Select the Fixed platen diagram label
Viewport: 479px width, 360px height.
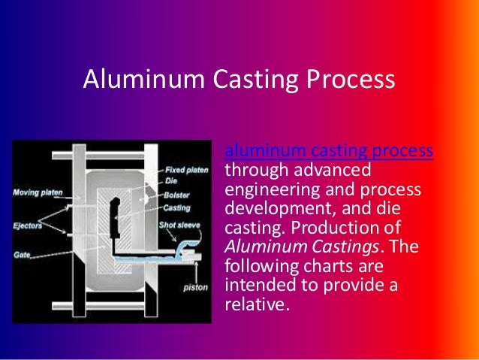pyautogui.click(x=186, y=170)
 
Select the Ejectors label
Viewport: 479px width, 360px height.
pyautogui.click(x=27, y=223)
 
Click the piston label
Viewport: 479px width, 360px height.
pyautogui.click(x=196, y=287)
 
